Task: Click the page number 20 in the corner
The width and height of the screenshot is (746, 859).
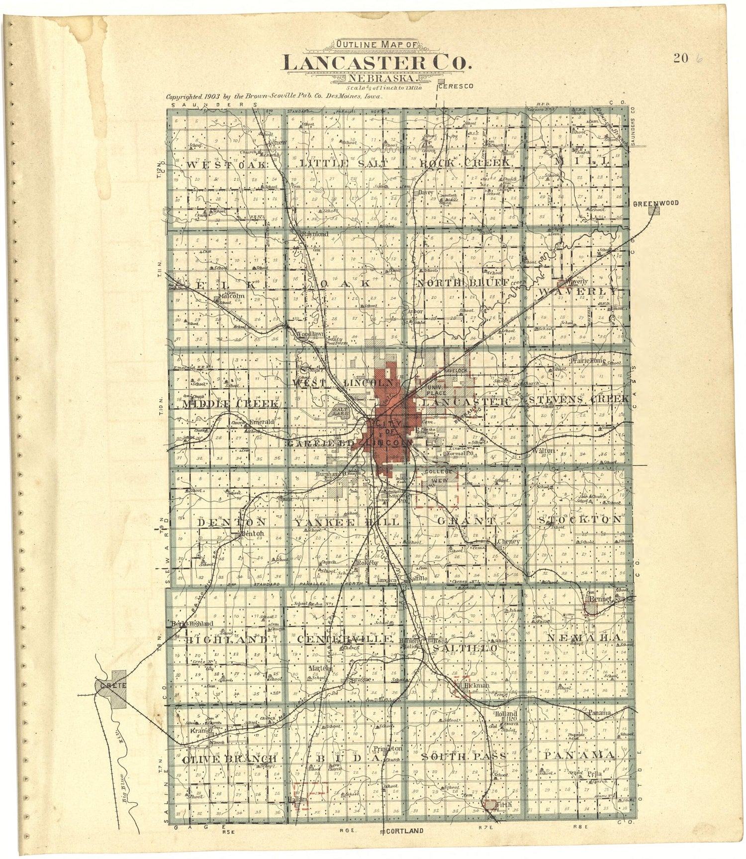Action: point(681,58)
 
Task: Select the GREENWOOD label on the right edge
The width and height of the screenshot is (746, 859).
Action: point(655,203)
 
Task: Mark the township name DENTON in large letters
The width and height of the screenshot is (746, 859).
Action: point(232,522)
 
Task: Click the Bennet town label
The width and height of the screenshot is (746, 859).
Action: point(600,600)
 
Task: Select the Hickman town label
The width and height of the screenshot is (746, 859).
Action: point(476,685)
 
